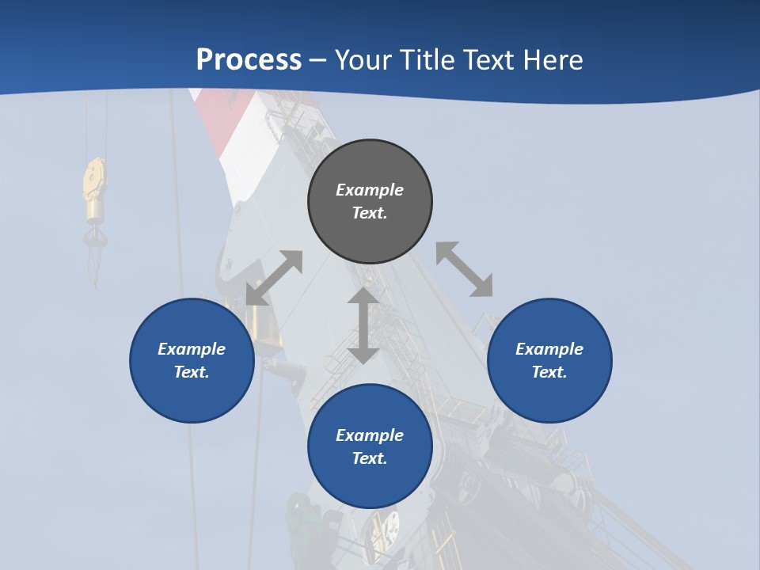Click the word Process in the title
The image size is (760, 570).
point(249,60)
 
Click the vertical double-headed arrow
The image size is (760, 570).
point(363,325)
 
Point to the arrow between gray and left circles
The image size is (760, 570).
point(274,278)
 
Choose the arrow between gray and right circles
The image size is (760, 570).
point(464,269)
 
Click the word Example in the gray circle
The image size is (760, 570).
point(370,190)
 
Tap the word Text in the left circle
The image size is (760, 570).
point(191,372)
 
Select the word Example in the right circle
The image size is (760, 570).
point(549,349)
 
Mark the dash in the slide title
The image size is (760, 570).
point(317,61)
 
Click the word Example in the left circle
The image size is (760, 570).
point(192,349)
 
